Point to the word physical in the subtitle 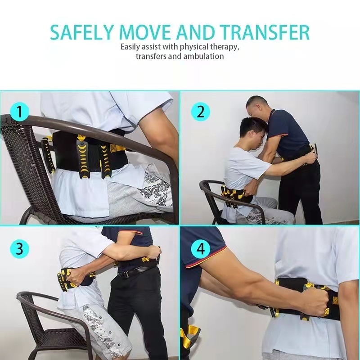pyautogui.click(x=194, y=47)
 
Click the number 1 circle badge pyautogui.click(x=19, y=112)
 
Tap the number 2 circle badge pyautogui.click(x=200, y=112)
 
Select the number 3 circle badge pyautogui.click(x=19, y=248)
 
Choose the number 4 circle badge pyautogui.click(x=200, y=248)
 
